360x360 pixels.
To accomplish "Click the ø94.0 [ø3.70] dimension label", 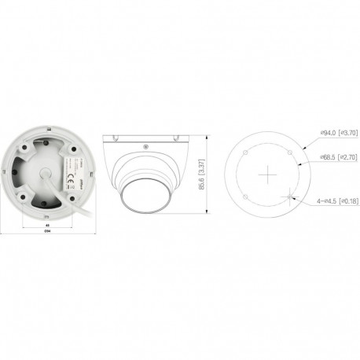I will click(339, 134).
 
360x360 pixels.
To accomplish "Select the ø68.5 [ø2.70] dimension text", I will click(339, 158).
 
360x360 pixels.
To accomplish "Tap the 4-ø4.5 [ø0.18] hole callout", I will click(336, 202).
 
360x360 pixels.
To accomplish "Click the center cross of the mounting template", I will click(268, 173).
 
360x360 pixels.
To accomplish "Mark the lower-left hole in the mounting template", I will click(246, 196).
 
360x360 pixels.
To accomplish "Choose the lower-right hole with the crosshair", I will click(291, 196).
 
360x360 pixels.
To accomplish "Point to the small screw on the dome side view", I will click(143, 146).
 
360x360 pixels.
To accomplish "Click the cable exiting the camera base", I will click(77, 208).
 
